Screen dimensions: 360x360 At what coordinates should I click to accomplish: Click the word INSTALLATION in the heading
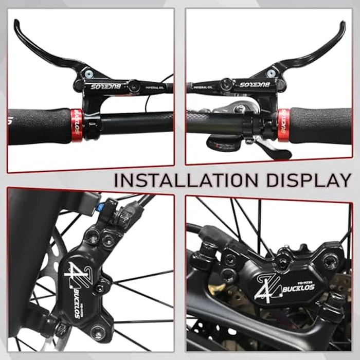[180, 181]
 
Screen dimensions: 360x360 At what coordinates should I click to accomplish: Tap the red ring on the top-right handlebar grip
[283, 124]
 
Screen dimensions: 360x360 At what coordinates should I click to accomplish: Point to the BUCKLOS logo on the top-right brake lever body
[254, 84]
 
